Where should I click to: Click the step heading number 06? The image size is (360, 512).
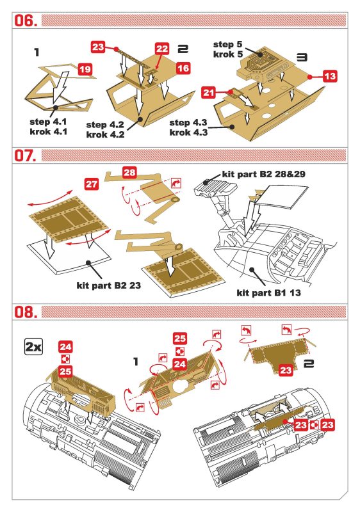pyautogui.click(x=25, y=20)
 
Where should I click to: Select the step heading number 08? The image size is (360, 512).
pyautogui.click(x=25, y=312)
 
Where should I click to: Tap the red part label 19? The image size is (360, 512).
pyautogui.click(x=85, y=70)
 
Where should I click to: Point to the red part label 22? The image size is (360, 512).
pyautogui.click(x=161, y=49)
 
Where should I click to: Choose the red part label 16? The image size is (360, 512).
pyautogui.click(x=183, y=68)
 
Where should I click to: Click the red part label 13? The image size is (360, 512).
pyautogui.click(x=330, y=76)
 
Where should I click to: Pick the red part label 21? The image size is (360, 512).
pyautogui.click(x=208, y=93)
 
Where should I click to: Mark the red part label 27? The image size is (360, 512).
pyautogui.click(x=92, y=184)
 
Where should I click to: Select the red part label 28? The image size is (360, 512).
pyautogui.click(x=129, y=172)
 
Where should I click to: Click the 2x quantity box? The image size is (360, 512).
pyautogui.click(x=33, y=347)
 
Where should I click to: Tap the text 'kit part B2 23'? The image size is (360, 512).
pyautogui.click(x=109, y=285)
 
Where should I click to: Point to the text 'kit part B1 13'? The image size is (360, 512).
pyautogui.click(x=268, y=292)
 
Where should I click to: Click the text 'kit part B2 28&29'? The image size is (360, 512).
pyautogui.click(x=263, y=174)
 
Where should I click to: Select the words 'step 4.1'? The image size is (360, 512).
pyautogui.click(x=48, y=122)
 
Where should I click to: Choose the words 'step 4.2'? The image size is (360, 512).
pyautogui.click(x=105, y=125)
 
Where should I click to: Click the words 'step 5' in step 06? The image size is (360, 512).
pyautogui.click(x=228, y=44)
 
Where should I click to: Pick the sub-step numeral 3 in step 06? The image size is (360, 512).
pyautogui.click(x=302, y=58)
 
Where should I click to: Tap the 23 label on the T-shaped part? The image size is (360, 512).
pyautogui.click(x=286, y=371)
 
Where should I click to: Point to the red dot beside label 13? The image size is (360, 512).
pyautogui.click(x=310, y=76)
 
